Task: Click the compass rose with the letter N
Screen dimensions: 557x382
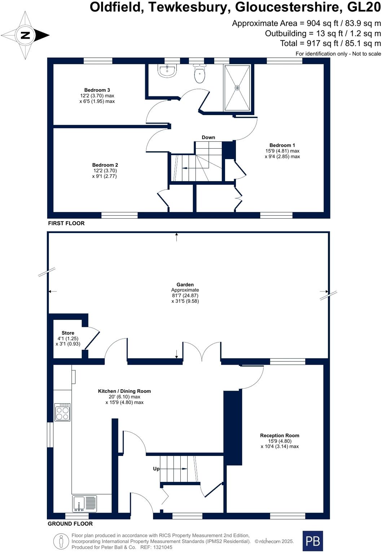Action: (x=25, y=35)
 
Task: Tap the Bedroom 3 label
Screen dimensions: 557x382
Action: (x=97, y=90)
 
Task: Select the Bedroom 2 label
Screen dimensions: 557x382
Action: (x=105, y=165)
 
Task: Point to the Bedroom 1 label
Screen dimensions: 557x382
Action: (x=282, y=145)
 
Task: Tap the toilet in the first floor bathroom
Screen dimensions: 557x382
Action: (x=199, y=74)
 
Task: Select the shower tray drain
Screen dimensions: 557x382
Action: (x=237, y=88)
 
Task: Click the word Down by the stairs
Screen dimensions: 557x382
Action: (x=208, y=137)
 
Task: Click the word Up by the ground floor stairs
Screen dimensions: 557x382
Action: (x=156, y=469)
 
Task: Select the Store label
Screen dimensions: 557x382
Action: (x=68, y=333)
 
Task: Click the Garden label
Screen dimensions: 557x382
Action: (x=185, y=285)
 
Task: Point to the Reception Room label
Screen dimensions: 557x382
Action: (x=280, y=435)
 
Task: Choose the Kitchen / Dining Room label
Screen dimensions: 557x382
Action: (x=124, y=391)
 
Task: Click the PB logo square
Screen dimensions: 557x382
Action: (x=312, y=541)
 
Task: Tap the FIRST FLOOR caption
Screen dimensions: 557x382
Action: (x=66, y=223)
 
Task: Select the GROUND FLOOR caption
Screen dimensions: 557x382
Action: (x=70, y=524)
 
